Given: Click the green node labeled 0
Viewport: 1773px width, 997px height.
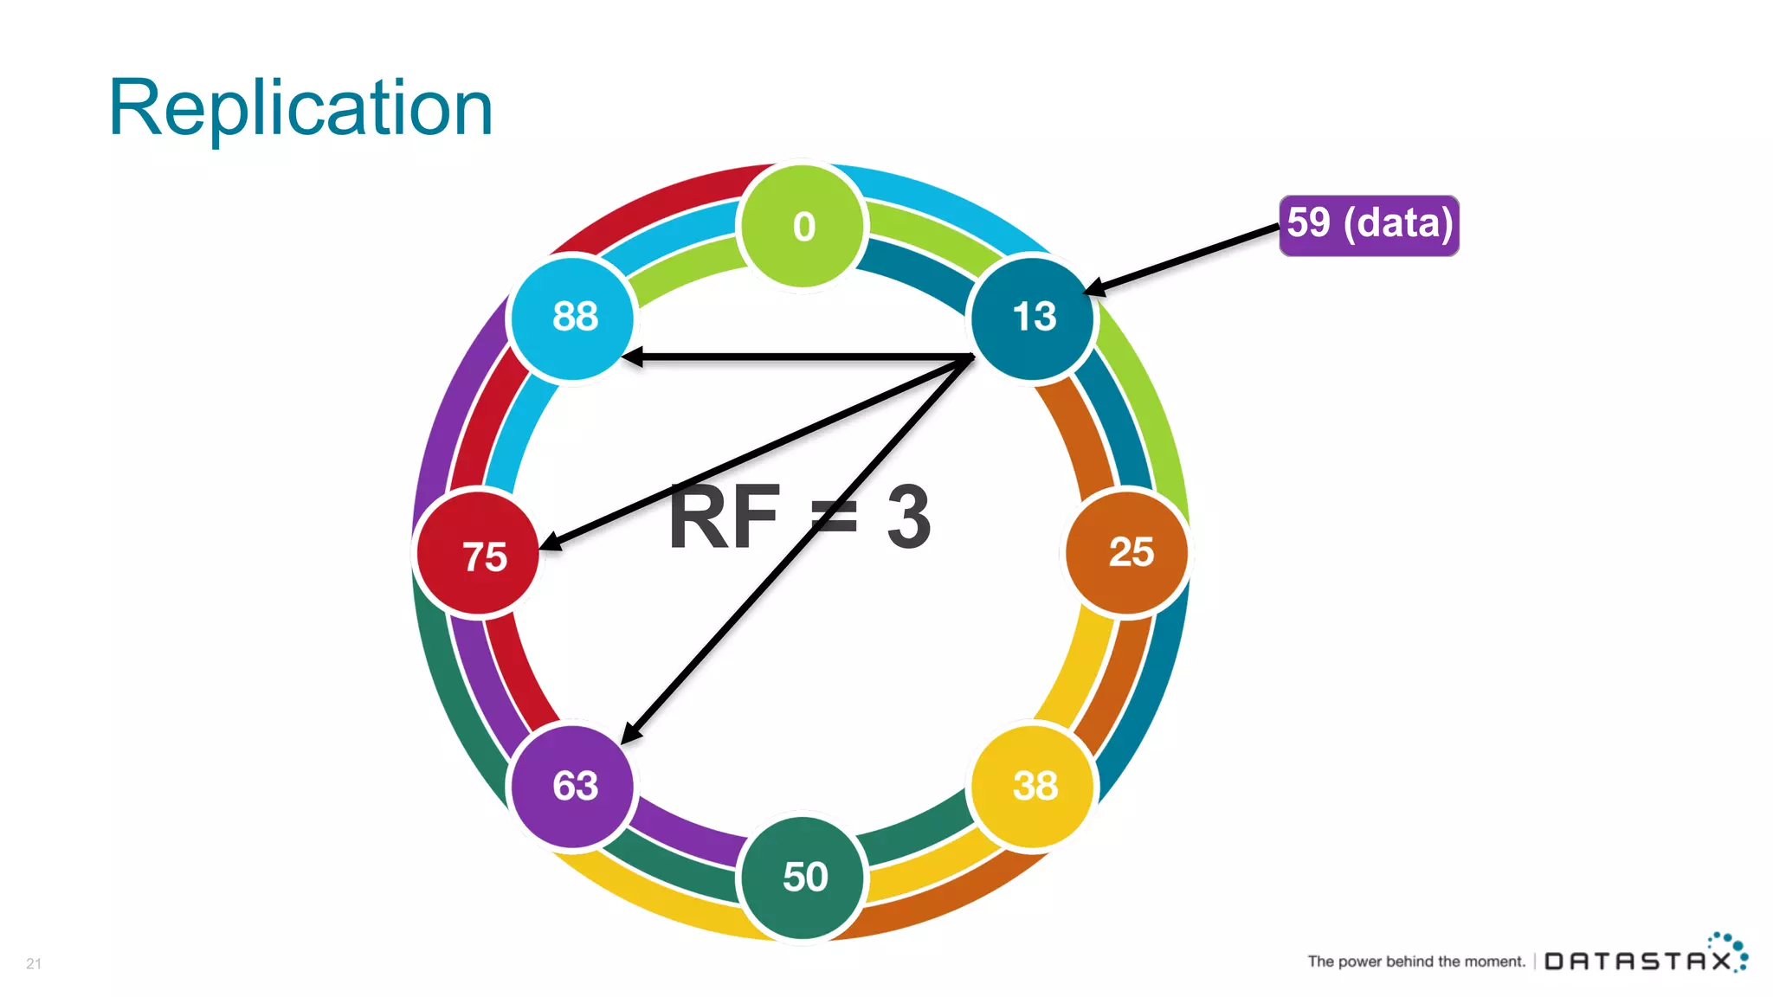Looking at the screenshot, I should (803, 226).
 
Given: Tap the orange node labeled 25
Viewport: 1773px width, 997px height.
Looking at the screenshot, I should (1127, 552).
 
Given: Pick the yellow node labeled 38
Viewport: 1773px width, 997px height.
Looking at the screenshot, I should (1034, 786).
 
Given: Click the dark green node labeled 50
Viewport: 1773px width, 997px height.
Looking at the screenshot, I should (803, 877).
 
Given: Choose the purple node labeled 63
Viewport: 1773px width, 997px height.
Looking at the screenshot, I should (573, 786).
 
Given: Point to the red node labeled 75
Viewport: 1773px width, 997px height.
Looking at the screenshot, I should (479, 554).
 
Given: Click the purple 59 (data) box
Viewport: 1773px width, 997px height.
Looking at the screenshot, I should (1369, 225).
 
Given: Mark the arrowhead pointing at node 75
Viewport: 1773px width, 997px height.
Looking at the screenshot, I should (551, 544).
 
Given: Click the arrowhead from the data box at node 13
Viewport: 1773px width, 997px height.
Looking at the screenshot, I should (1094, 288).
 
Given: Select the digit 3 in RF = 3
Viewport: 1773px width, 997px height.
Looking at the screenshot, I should (909, 518).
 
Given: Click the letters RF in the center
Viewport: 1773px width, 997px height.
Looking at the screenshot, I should (725, 518).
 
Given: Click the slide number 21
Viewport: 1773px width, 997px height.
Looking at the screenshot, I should (34, 963).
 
